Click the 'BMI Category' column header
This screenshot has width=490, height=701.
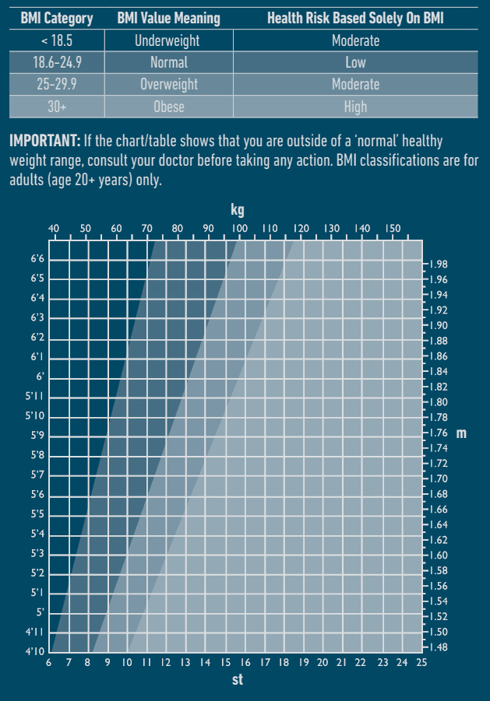click(x=57, y=18)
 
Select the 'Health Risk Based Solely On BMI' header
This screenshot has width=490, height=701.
click(x=355, y=18)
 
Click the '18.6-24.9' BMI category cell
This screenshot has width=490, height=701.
click(x=57, y=62)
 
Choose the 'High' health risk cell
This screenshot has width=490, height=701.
click(x=355, y=107)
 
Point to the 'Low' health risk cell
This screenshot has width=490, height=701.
click(x=355, y=62)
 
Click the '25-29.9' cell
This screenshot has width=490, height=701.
click(x=57, y=84)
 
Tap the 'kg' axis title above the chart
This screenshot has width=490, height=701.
click(x=238, y=210)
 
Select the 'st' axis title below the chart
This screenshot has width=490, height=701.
click(x=238, y=680)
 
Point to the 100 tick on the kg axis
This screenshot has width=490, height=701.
click(x=239, y=228)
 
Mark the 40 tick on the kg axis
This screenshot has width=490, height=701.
click(x=54, y=228)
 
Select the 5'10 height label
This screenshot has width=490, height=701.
click(x=36, y=415)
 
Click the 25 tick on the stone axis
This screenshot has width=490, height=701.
click(x=421, y=662)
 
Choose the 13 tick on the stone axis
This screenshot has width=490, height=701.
click(x=185, y=662)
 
